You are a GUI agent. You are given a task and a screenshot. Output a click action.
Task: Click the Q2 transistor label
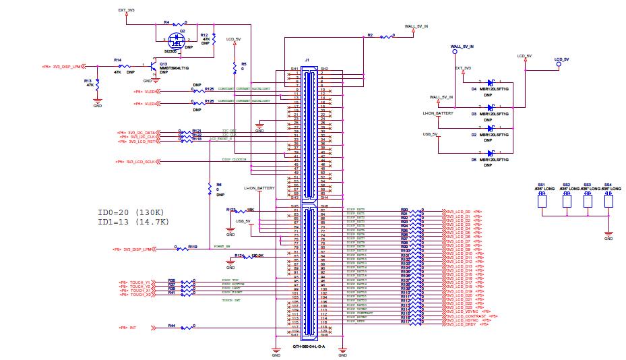pos(181,31)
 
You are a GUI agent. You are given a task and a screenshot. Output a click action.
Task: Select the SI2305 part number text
pos(170,51)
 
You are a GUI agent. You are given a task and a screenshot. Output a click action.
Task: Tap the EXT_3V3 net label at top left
pos(126,10)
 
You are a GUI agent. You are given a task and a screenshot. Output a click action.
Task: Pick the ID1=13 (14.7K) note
pos(133,221)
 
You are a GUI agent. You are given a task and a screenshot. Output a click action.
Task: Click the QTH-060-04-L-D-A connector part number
pos(309,347)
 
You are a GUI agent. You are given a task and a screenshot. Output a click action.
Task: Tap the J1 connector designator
pos(307,60)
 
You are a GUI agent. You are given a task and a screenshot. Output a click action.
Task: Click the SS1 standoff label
pos(541,184)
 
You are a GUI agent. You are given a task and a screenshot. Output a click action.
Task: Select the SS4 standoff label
pos(608,184)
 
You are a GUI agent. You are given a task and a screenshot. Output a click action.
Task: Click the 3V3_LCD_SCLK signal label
pos(137,162)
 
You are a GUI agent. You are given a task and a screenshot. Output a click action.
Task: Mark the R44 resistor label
pos(172,326)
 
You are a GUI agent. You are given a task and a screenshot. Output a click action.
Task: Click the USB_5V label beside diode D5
pos(430,134)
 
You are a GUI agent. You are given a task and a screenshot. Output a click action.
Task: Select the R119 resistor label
pos(192,247)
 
